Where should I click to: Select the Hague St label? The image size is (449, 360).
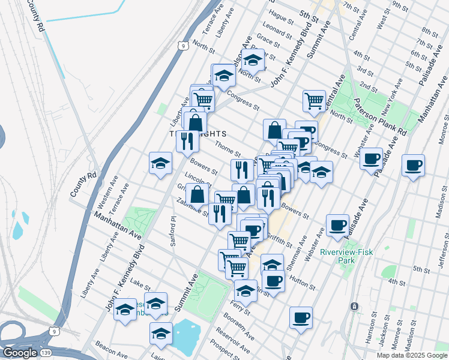click(281, 20)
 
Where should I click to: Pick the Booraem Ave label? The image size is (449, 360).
click(241, 327)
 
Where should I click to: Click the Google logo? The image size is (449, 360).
click(20, 353)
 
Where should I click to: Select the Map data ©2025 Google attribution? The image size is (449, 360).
click(412, 355)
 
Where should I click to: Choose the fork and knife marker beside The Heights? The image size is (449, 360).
click(187, 140)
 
